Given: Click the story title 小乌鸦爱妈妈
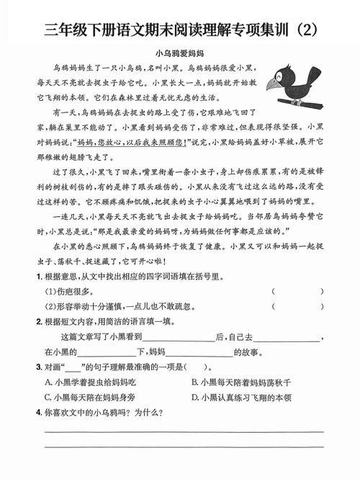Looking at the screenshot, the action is (179, 53).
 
